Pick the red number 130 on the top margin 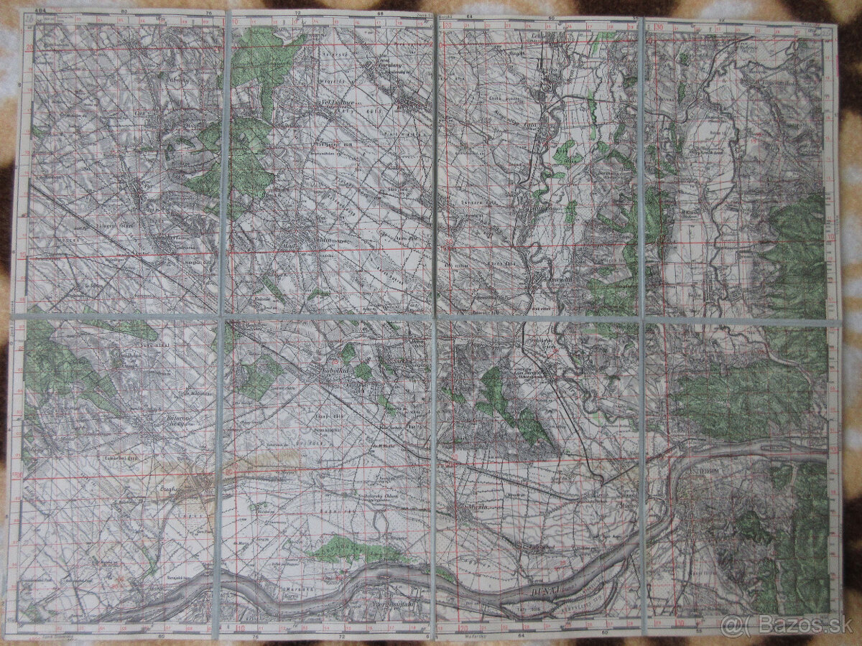tap(659, 27)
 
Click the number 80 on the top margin tap(125, 11)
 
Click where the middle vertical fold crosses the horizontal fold tap(435, 316)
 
